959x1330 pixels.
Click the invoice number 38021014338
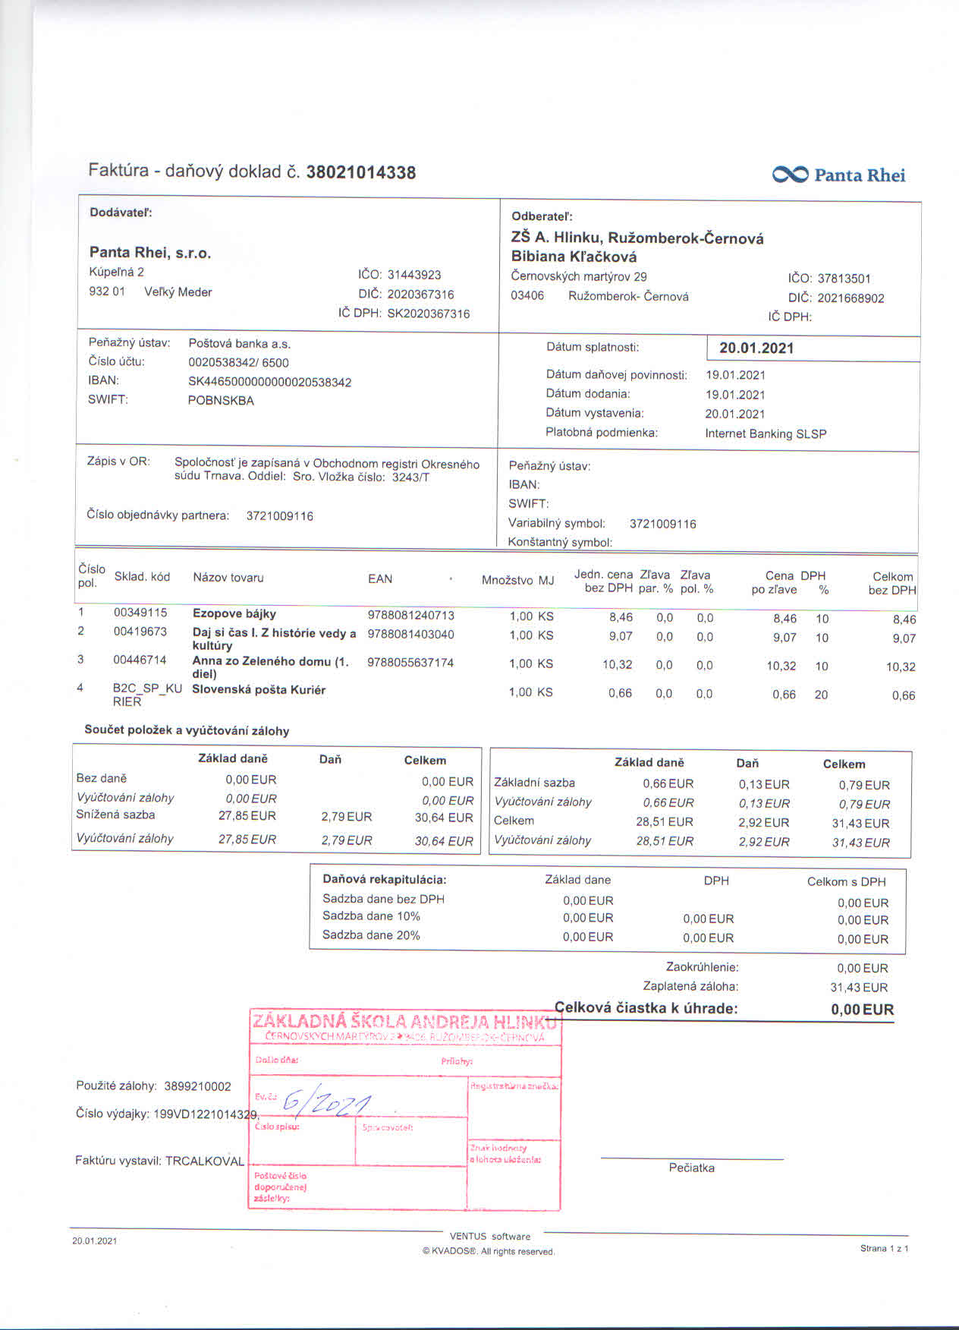pos(360,172)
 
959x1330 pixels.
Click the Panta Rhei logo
pos(838,175)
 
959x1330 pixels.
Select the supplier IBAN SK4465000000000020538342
pos(269,382)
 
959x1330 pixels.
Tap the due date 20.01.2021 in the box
pos(756,348)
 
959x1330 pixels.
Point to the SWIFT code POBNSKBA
pos(221,401)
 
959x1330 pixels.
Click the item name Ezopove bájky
pos(234,613)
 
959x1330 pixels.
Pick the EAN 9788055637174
pos(410,663)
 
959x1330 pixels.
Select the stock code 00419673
pos(140,632)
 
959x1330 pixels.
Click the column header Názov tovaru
pos(228,578)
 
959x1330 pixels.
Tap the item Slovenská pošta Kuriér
pos(259,689)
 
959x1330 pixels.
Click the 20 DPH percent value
pos(821,695)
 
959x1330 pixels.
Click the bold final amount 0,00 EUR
pos(862,1010)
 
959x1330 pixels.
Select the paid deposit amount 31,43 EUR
pos(859,988)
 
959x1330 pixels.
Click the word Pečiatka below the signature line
pos(691,1168)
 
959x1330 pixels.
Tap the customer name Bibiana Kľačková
pos(574,257)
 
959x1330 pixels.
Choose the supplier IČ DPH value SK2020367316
pos(428,314)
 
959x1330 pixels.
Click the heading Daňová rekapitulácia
pos(385,880)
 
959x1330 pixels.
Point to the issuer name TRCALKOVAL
pos(205,1161)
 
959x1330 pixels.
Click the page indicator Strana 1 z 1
pos(884,1248)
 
